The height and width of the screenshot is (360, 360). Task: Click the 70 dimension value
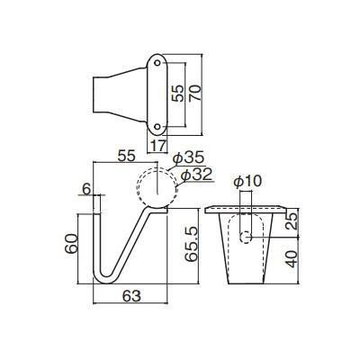coord(195,93)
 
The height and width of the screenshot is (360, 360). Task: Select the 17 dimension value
coord(157,146)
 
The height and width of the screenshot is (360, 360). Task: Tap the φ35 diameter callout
coord(189,158)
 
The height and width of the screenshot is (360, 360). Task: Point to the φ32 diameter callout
coord(197,175)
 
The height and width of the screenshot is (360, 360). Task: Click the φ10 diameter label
coord(247,182)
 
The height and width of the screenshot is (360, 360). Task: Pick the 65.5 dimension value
coord(192,244)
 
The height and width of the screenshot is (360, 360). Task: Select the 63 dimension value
coord(131,296)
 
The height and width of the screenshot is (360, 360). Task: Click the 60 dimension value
coord(71,244)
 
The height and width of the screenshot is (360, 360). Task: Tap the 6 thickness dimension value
coord(86,189)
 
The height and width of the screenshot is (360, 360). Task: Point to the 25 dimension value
coord(292,220)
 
